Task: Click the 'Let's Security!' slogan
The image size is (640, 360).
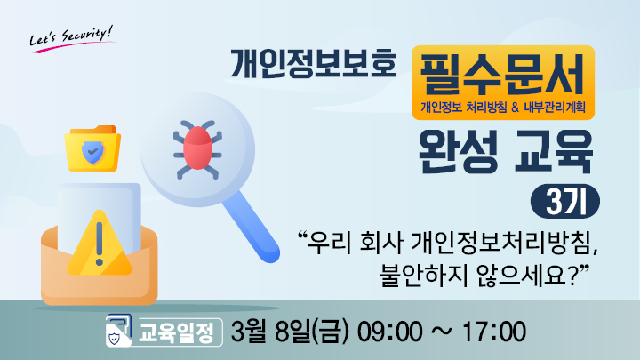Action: point(72,38)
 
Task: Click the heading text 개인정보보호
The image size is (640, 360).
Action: point(314,64)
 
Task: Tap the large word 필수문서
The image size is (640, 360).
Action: point(502,75)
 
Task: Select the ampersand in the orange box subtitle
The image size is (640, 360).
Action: point(515,108)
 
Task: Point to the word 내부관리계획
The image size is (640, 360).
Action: point(555,108)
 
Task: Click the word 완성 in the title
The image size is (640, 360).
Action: point(459,151)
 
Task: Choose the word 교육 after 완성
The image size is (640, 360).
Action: point(554,151)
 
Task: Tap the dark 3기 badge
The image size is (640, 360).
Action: point(565,202)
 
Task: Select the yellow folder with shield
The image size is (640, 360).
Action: point(92,148)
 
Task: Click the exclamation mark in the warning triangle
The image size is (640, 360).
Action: point(100,244)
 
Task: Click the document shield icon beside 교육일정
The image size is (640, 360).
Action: point(118,330)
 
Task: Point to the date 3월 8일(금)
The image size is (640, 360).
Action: point(290,332)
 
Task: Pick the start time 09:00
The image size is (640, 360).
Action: point(390,332)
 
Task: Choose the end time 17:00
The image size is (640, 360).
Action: point(494,332)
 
